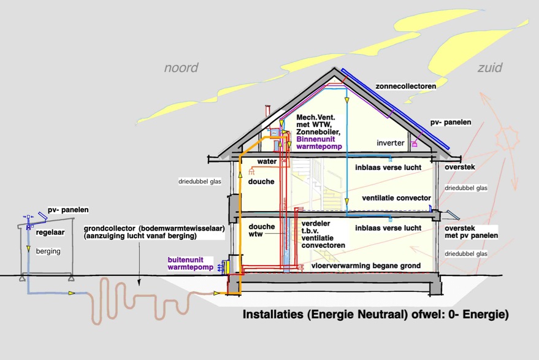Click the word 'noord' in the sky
(x=181, y=67)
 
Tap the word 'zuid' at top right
(x=490, y=67)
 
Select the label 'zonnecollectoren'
(x=407, y=86)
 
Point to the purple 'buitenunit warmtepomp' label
(x=190, y=264)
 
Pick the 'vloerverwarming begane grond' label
(x=366, y=266)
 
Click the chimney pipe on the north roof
(x=267, y=115)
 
